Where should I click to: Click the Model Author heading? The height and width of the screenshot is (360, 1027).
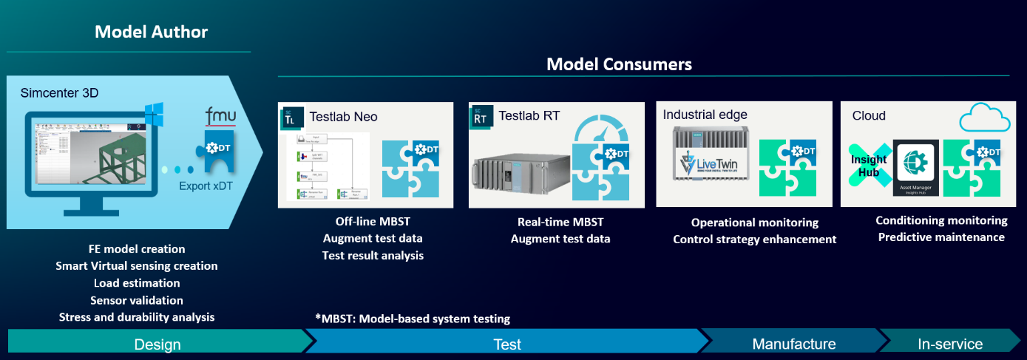pos(151,32)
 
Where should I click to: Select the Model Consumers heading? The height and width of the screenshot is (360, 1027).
pos(619,64)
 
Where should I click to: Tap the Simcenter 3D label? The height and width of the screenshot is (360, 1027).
pos(60,93)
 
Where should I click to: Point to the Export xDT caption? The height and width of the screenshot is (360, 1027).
pos(206,186)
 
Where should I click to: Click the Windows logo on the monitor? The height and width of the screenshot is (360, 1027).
pos(153,115)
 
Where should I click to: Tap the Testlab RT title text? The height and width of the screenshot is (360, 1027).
pos(530,116)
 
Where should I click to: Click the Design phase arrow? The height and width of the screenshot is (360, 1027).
pos(157,344)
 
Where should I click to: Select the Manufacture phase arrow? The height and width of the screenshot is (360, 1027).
pos(793,344)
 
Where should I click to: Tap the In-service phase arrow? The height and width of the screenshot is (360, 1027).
pos(949,344)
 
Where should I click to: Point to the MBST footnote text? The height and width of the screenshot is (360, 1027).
pos(412,319)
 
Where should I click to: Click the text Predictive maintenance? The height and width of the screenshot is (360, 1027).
pos(940,237)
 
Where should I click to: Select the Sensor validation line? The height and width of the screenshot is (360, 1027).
pos(137,300)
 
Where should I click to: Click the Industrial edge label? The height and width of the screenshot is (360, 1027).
pos(705,115)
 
